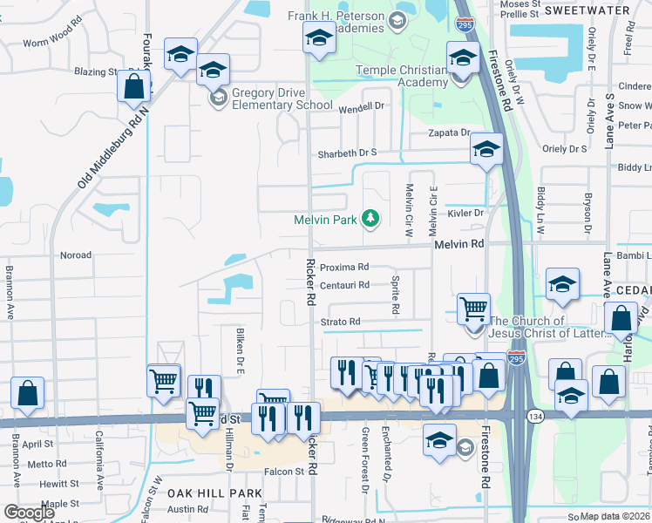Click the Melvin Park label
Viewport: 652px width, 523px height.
click(x=325, y=220)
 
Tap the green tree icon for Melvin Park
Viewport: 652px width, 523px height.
click(x=370, y=218)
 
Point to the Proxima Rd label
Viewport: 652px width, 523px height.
click(x=343, y=268)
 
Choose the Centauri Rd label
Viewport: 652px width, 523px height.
click(x=344, y=285)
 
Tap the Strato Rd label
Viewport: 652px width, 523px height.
click(x=339, y=322)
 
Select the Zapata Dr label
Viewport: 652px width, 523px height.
click(x=448, y=132)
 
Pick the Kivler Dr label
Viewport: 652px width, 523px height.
click(x=465, y=213)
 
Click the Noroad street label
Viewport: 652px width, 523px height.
click(x=75, y=255)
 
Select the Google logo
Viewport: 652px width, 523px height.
click(x=29, y=512)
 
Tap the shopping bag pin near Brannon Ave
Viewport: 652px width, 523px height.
click(x=27, y=393)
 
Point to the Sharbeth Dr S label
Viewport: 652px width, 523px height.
click(x=346, y=152)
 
